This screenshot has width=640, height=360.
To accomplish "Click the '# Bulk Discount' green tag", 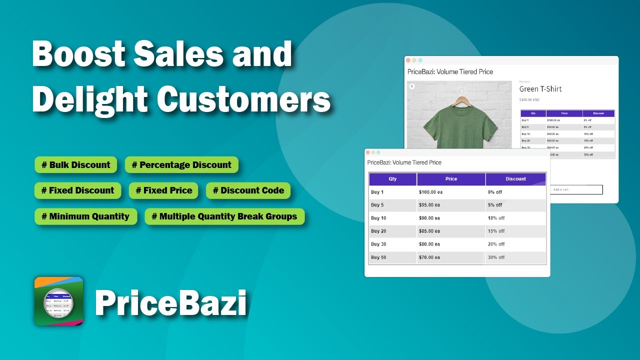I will click(75, 165).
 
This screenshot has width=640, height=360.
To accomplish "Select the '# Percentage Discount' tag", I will click(181, 165).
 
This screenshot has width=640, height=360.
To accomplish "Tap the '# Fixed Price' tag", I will click(163, 190).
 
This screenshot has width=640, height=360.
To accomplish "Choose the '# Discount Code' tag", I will click(248, 190).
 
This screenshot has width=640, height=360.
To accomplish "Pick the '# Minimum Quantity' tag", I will click(85, 216).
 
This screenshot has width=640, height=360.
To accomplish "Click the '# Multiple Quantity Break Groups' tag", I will click(224, 216).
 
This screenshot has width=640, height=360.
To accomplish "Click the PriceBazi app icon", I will click(58, 301).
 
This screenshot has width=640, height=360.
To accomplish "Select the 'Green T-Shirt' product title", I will click(540, 89).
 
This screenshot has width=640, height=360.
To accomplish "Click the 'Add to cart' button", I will click(575, 189).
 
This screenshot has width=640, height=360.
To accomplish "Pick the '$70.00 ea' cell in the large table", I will click(429, 257).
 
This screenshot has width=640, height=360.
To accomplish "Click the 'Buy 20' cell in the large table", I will click(378, 231).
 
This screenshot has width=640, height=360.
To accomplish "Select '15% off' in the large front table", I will click(496, 231).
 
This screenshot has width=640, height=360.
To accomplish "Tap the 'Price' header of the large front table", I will click(451, 179).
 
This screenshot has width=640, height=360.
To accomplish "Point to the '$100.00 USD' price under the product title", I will click(530, 100).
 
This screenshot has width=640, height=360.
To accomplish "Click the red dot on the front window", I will click(368, 152).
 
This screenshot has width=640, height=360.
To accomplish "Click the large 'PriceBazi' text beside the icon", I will click(170, 303).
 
